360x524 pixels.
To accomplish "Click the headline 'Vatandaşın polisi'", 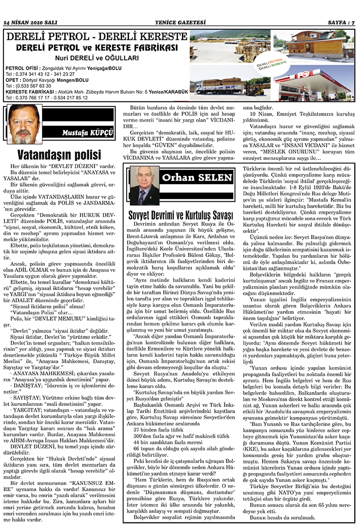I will point(59,155).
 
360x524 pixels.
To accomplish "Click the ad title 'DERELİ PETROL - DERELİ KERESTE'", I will point(95,38).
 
